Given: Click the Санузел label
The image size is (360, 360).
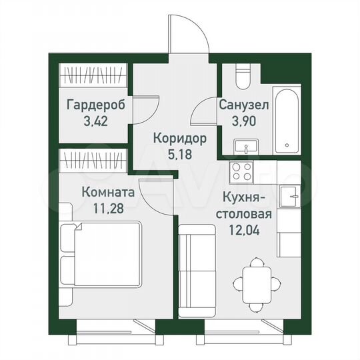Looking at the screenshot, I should click(x=244, y=105).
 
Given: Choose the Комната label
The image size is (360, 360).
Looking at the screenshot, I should click(x=108, y=192).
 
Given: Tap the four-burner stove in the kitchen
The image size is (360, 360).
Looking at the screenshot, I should click(x=241, y=173).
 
